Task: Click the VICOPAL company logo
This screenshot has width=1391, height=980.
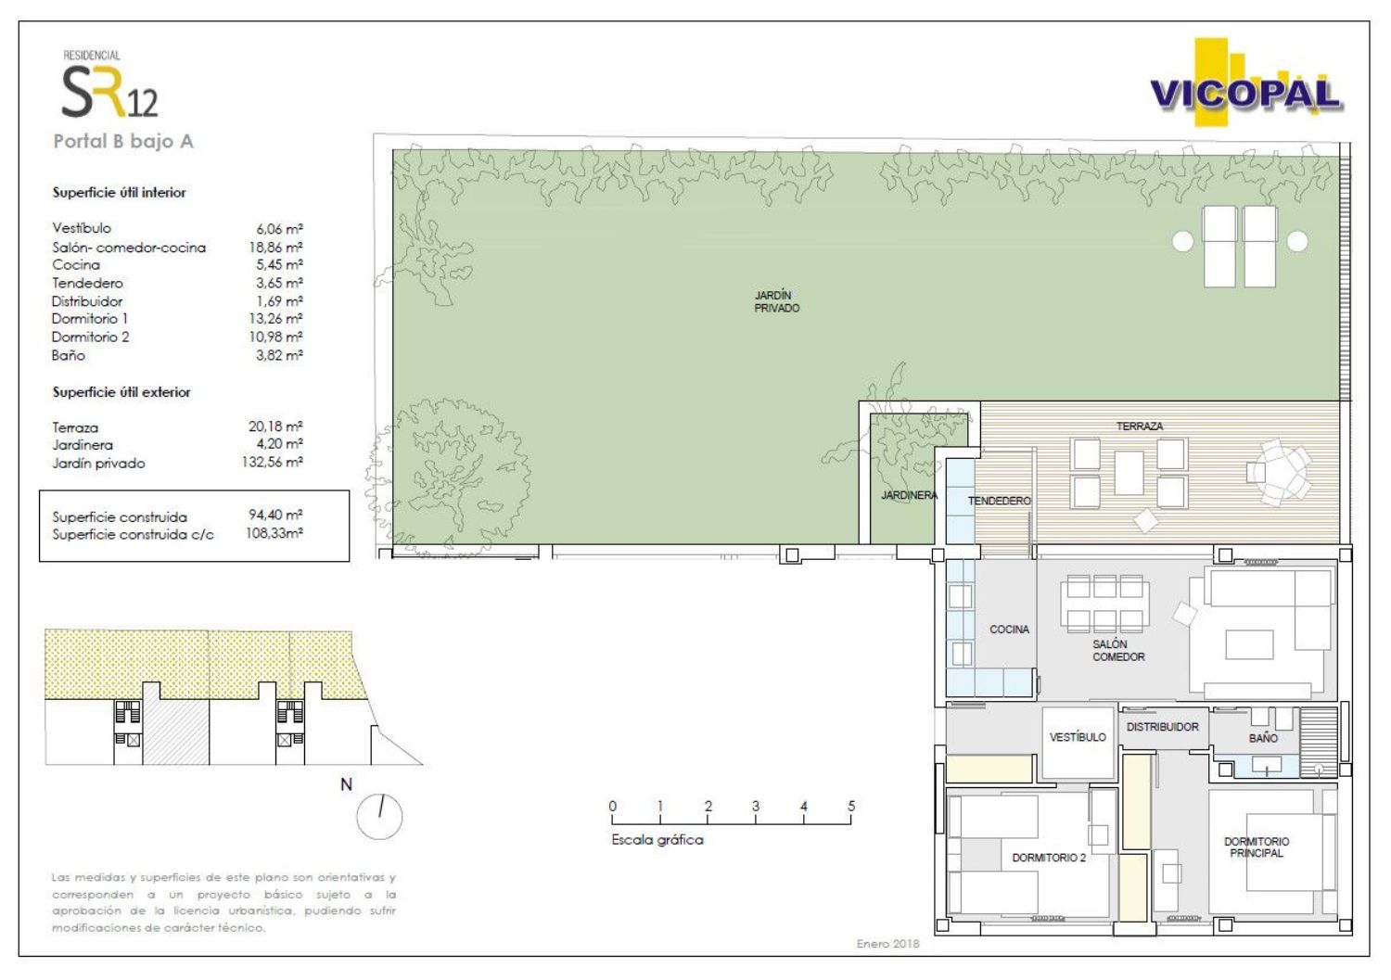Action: (x=1245, y=83)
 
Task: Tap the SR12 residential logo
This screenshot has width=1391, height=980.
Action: (x=109, y=84)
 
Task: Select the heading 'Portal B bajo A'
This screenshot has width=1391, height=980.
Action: (x=123, y=142)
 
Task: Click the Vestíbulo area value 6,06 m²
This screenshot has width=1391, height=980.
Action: (x=279, y=228)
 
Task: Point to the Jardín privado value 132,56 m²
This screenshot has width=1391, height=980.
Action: (x=272, y=462)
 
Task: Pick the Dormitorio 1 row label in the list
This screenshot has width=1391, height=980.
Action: (x=89, y=319)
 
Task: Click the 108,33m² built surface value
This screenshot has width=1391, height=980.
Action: (x=274, y=533)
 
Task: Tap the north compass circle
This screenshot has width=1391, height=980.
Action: (x=379, y=816)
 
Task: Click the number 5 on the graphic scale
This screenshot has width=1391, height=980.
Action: (x=851, y=806)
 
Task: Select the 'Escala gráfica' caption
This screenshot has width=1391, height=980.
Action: (x=657, y=840)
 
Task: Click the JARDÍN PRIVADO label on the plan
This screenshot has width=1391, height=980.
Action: (x=777, y=302)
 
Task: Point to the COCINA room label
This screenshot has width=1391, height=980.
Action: (x=1009, y=630)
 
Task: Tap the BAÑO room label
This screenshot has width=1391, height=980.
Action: (x=1263, y=738)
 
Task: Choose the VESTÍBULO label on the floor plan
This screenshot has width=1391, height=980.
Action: (x=1078, y=737)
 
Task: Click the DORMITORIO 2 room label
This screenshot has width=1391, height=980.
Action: (x=1049, y=858)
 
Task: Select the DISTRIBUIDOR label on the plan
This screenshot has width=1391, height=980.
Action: (x=1163, y=727)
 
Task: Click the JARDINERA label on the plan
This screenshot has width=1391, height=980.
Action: (x=909, y=495)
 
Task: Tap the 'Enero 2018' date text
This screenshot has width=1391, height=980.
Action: (x=888, y=944)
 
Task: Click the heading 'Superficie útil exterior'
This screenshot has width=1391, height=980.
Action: (x=121, y=392)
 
